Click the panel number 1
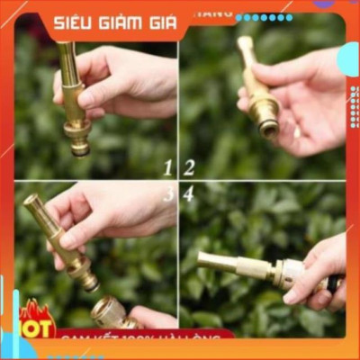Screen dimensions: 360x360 point(167,166)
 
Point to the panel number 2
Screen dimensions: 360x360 point(189,166)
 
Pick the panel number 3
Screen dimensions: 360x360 point(167,193)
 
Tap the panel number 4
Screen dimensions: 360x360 point(188,193)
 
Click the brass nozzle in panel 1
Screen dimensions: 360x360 point(73,99)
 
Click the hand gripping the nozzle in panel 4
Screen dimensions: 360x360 point(319,270)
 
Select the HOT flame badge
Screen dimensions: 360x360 point(36,319)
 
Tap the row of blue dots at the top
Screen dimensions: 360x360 point(264,17)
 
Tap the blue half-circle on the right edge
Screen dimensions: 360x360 point(349,58)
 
